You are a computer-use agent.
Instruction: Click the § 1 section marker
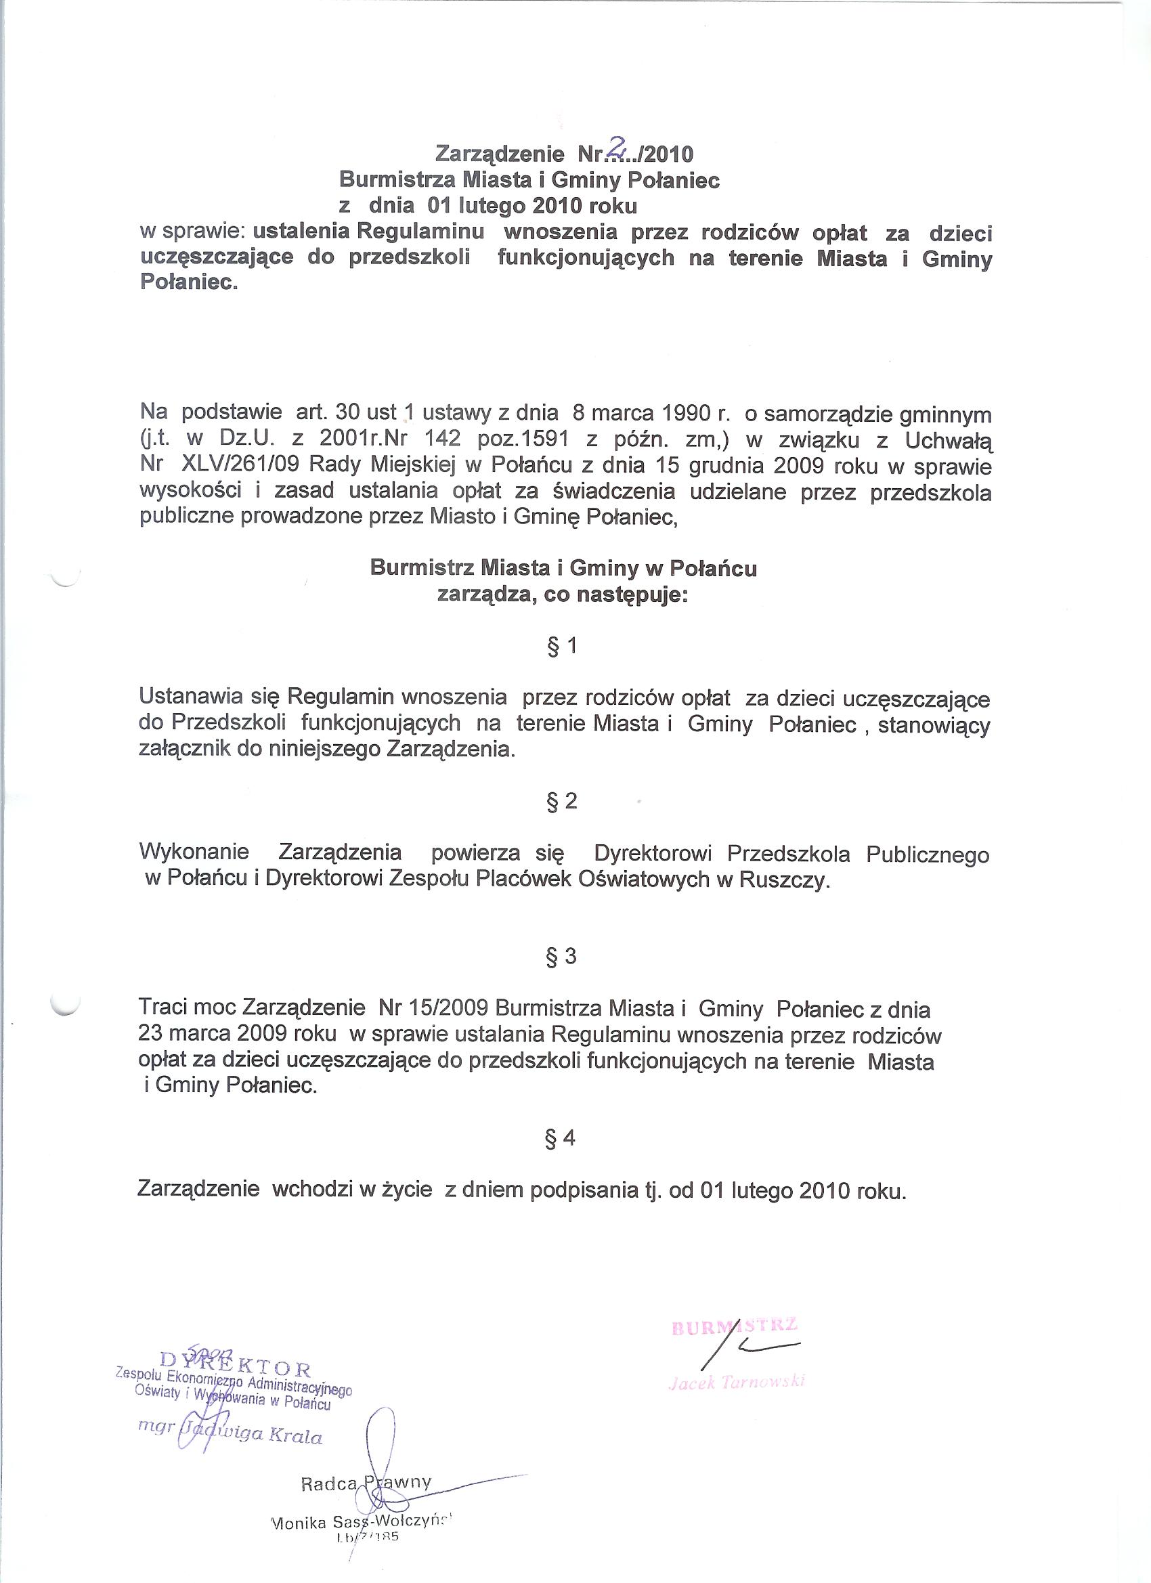[562, 647]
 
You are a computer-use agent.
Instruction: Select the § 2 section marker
[562, 801]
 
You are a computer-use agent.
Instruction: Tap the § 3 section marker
[561, 956]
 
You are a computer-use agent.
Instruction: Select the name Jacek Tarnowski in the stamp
[737, 1381]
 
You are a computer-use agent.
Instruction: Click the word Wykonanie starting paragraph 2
[194, 852]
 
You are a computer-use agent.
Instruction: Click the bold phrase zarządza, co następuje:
[563, 595]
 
